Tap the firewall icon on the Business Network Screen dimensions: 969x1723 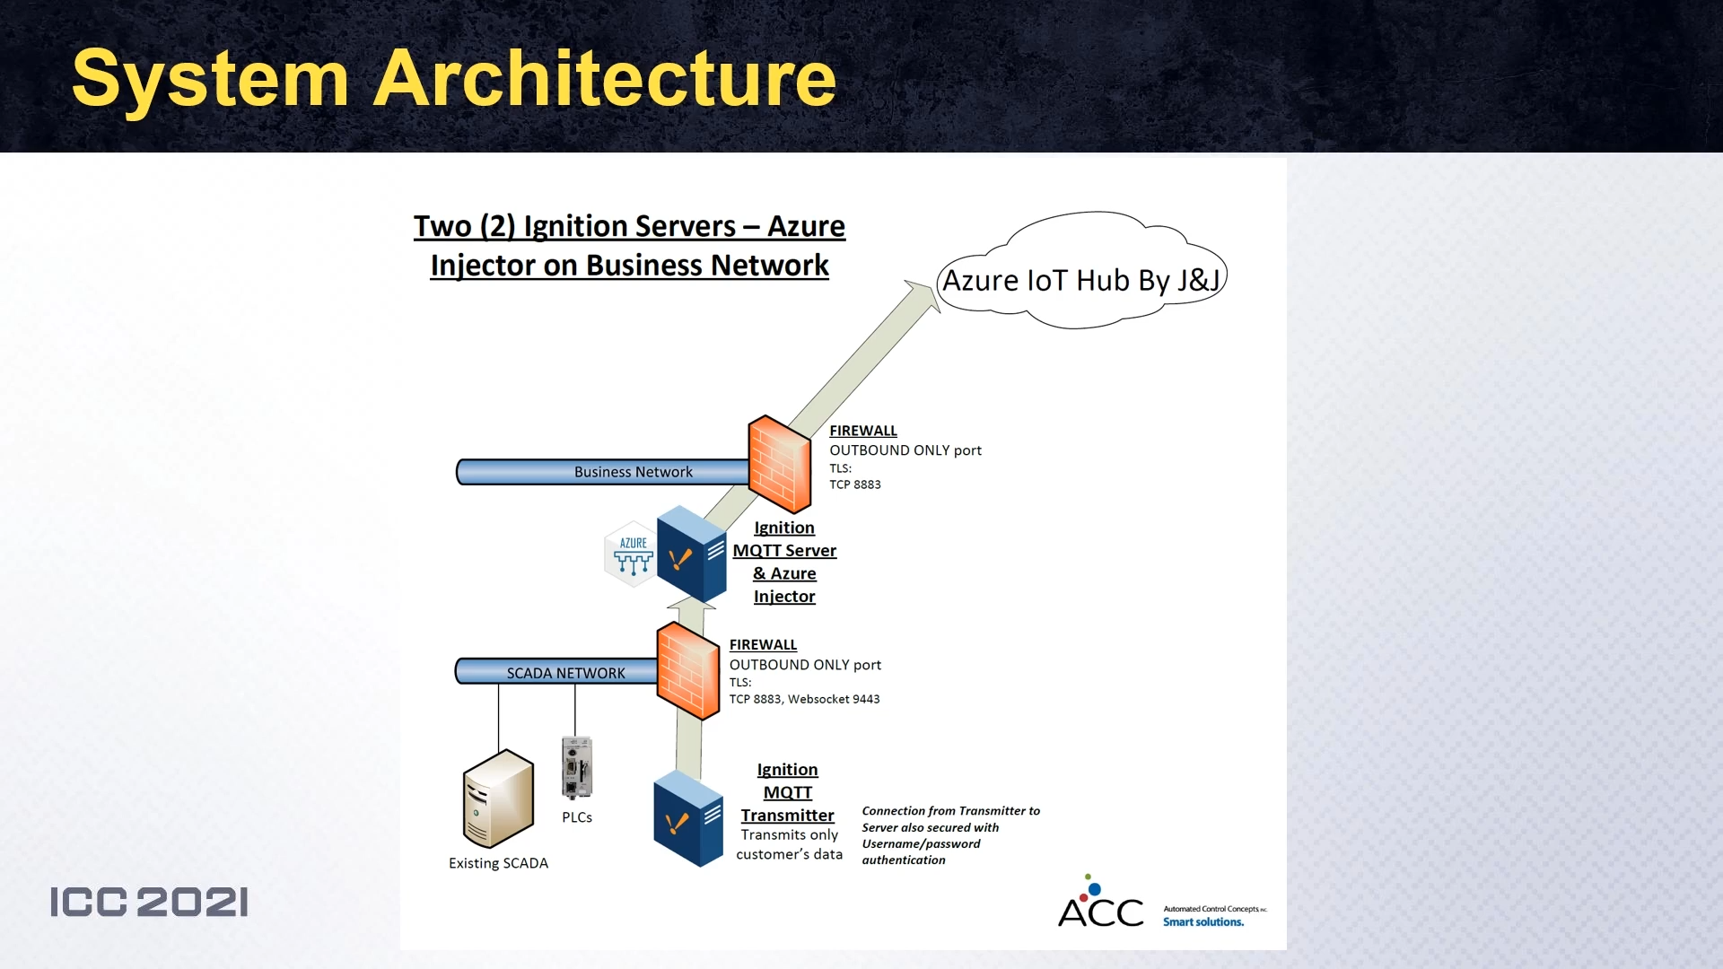779,463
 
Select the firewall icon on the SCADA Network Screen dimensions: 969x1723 687,670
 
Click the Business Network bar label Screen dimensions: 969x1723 633,472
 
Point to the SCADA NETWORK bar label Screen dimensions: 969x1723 565,673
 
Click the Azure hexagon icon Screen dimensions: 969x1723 633,554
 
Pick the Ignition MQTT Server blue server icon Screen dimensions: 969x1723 690,554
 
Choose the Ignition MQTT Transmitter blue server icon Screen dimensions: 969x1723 687,819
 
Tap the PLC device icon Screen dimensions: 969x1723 576,768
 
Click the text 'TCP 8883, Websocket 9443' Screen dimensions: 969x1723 804,699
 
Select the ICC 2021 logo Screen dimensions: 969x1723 149,902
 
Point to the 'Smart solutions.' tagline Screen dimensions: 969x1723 1203,922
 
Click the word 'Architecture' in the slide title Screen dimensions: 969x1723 604,79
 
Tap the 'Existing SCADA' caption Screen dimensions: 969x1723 498,863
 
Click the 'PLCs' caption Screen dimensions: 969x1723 577,817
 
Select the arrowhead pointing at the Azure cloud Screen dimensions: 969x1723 924,294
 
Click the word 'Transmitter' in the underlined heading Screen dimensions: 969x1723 787,815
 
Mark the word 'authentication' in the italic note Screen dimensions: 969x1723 903,860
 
